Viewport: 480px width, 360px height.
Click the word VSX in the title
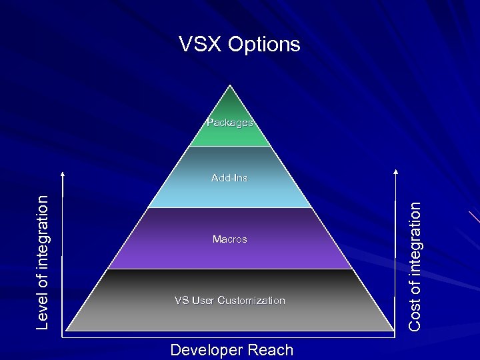tap(200, 45)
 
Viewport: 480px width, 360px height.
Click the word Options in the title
tap(264, 45)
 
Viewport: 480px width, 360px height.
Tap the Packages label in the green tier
tap(230, 123)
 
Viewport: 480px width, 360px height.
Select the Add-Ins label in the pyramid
tap(229, 178)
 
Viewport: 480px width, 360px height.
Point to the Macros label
tap(229, 239)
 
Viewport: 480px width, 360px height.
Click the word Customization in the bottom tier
tap(251, 301)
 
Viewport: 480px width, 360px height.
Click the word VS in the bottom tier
tap(181, 301)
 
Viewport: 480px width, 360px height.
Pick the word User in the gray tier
tap(203, 301)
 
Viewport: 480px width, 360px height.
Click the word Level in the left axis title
tap(43, 312)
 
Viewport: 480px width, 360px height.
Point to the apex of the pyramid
tap(230, 86)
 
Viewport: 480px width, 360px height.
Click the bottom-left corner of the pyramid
tap(67, 331)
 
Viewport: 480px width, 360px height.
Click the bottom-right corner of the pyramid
tap(393, 331)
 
